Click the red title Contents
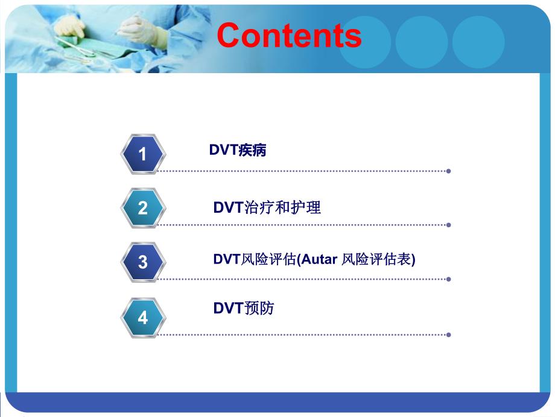tap(289, 36)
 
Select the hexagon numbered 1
tap(142, 154)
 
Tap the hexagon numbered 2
tap(142, 208)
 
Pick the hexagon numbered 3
tap(142, 262)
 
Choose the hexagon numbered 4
tap(142, 317)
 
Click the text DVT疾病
tap(238, 150)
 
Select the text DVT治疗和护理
tap(267, 207)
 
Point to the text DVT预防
tap(243, 308)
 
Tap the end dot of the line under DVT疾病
tap(449, 171)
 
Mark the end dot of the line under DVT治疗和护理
tap(449, 225)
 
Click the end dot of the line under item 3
tap(449, 279)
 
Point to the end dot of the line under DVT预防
tap(449, 334)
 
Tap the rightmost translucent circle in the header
tap(478, 42)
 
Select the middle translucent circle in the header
tap(422, 42)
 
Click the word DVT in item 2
tap(227, 207)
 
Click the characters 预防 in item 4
tap(258, 308)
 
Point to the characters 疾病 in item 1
tap(252, 150)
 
